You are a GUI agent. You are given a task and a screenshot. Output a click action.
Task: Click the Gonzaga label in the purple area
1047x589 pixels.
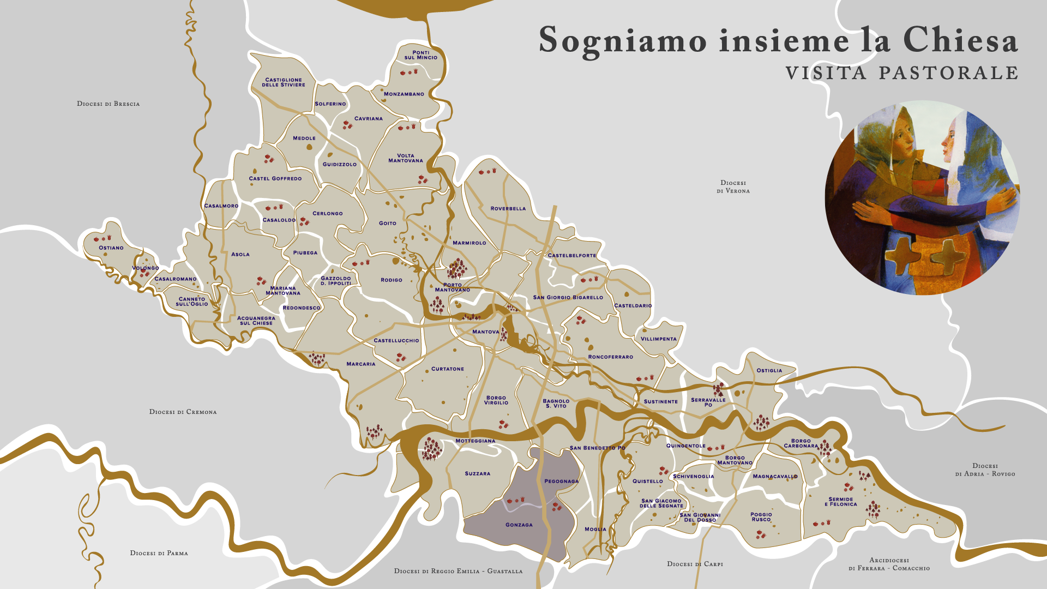tap(519, 525)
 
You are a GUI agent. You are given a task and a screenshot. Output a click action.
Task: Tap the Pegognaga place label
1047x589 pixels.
tap(561, 481)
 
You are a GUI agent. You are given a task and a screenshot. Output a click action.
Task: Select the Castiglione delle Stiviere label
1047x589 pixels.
tap(284, 82)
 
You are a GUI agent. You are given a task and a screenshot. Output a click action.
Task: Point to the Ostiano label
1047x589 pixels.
tap(111, 248)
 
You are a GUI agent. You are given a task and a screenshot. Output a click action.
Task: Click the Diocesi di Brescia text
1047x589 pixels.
tap(108, 104)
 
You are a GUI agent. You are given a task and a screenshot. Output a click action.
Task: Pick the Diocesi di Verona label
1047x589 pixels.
tap(733, 187)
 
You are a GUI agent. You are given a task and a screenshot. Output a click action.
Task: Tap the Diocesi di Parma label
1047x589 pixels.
tap(159, 553)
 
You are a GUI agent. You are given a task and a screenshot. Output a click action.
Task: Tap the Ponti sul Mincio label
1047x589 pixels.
tap(420, 55)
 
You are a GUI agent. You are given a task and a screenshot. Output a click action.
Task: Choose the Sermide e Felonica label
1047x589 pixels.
tap(840, 502)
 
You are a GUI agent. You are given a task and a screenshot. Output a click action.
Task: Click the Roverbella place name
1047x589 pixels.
tap(508, 208)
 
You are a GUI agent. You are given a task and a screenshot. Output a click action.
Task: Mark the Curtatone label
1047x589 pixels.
tap(447, 369)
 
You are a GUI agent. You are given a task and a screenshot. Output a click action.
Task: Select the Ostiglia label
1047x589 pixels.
tap(769, 370)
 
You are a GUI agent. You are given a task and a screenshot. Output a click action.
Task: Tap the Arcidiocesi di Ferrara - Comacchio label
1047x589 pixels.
tap(889, 564)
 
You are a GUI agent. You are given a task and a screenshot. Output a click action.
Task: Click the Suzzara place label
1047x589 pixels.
tap(477, 473)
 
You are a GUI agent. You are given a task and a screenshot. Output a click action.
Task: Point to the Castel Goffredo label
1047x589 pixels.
tap(275, 178)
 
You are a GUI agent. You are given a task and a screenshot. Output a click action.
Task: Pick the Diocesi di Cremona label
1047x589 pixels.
tap(183, 412)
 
